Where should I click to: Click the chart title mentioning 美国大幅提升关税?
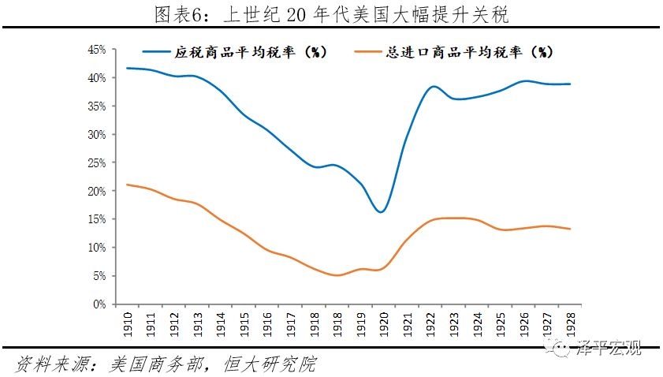click(x=331, y=13)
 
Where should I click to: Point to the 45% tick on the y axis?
click(x=96, y=50)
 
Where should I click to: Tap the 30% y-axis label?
click(x=96, y=134)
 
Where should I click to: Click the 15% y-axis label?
click(x=96, y=219)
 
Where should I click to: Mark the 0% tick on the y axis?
click(x=99, y=304)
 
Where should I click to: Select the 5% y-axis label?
click(x=99, y=276)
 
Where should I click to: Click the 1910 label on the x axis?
click(x=127, y=323)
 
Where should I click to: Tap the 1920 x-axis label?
click(x=382, y=323)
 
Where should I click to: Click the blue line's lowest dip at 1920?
click(x=381, y=212)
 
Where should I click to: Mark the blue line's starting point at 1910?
click(x=127, y=68)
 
